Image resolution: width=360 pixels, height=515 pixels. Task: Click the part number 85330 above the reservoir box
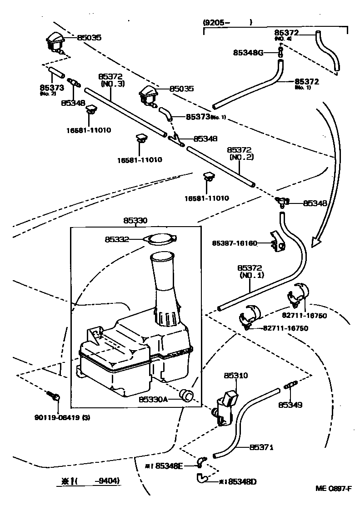135,221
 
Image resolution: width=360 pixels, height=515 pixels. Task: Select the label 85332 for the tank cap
117,238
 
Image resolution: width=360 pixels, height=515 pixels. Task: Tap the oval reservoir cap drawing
161,239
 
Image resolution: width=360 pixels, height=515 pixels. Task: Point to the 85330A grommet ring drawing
187,395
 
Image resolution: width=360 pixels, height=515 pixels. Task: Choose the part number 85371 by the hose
261,447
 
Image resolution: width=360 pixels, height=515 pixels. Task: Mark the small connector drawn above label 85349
290,386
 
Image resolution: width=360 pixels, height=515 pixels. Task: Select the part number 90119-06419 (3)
62,418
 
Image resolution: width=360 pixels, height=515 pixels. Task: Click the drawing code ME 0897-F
334,489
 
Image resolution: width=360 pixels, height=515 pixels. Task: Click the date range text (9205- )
227,21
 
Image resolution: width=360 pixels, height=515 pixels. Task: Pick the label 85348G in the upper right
248,53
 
